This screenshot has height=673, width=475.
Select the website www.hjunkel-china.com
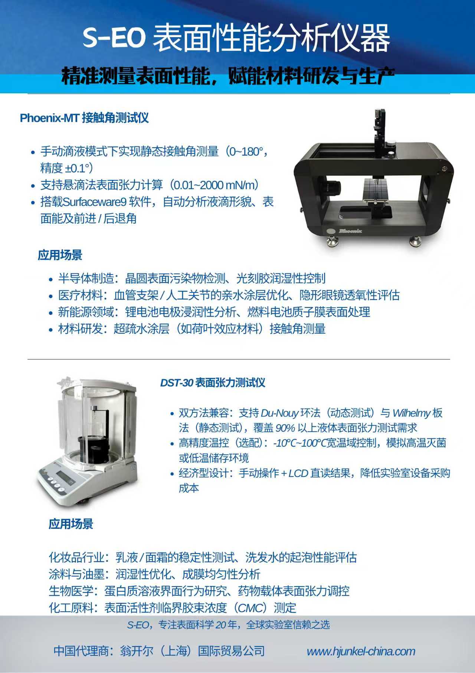tap(361, 651)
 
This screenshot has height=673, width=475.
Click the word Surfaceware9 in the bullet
tap(94, 202)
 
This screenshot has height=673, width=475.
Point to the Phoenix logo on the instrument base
tap(350, 231)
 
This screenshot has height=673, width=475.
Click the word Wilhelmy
tap(412, 413)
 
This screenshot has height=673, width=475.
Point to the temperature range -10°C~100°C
tap(299, 443)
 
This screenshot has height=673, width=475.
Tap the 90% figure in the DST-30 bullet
tap(285, 428)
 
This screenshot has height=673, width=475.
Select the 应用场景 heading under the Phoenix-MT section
tap(60, 255)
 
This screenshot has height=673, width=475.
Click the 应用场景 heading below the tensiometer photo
tap(71, 524)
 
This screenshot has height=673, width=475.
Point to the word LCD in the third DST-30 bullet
tap(298, 473)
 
